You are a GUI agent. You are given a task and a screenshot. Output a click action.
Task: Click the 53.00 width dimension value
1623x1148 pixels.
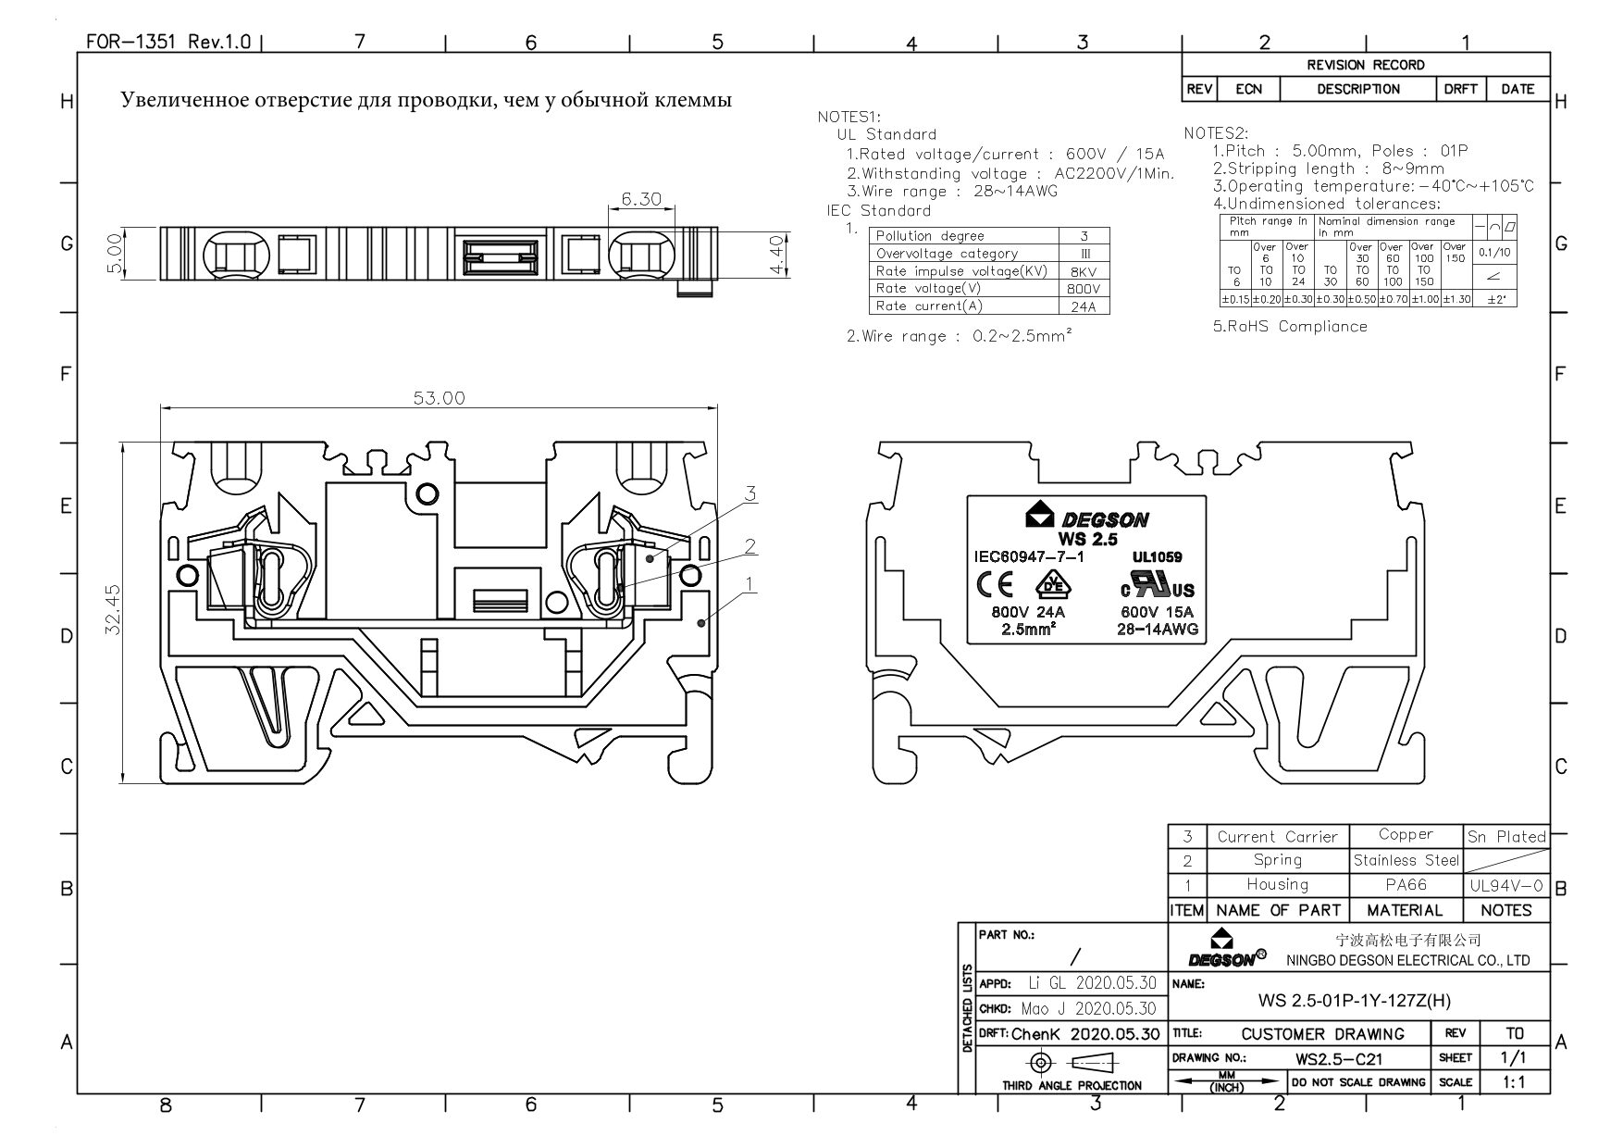point(439,398)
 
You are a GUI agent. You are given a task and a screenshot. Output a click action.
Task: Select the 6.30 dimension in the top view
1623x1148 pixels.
point(640,199)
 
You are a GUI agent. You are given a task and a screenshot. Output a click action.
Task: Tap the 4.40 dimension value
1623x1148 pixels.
point(777,255)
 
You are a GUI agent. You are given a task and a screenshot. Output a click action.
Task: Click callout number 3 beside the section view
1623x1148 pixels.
point(750,493)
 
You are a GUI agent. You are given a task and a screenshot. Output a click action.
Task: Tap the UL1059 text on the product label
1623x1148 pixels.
point(1157,557)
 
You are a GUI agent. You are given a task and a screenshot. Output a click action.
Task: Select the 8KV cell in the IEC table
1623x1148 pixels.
point(1084,271)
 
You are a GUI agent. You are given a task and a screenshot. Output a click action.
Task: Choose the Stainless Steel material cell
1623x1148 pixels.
point(1406,860)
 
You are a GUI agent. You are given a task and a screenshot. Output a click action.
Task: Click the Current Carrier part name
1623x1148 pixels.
point(1277,836)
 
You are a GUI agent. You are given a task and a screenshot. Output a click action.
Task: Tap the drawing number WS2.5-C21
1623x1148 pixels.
point(1339,1058)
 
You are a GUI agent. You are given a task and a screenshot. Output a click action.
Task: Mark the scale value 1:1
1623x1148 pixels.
point(1514,1081)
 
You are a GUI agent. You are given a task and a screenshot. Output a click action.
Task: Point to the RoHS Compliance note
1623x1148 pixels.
point(1290,326)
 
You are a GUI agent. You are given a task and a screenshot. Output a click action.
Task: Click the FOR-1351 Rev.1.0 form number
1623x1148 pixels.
point(167,42)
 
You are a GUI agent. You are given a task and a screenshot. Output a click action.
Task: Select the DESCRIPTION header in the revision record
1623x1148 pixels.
point(1358,89)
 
